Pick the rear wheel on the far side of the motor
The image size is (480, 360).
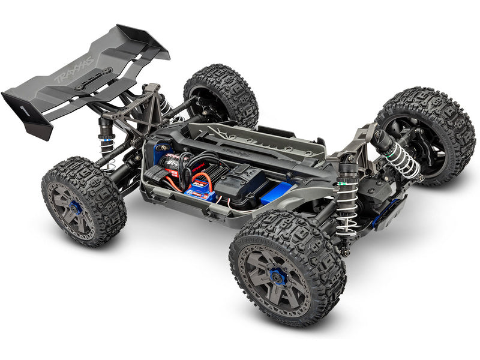click(x=221, y=96)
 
